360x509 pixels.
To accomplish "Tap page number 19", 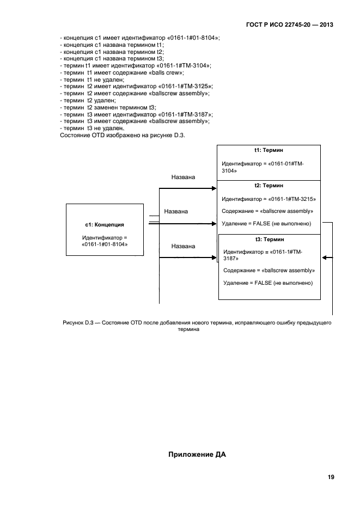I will (331, 477).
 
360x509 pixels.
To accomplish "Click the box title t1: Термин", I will (269, 150).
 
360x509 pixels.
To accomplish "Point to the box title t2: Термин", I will (269, 186).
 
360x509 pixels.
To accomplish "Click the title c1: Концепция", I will (105, 224).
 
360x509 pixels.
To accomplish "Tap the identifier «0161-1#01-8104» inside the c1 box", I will (105, 245).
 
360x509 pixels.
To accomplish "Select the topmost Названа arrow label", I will (183, 177).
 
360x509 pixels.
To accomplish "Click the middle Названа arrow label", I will (176, 211).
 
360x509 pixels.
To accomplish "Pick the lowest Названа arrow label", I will (183, 246).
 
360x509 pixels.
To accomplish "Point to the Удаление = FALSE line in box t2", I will (266, 223).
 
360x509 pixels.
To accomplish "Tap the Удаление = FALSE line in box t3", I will (268, 283).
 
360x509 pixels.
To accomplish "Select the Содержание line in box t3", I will (269, 270).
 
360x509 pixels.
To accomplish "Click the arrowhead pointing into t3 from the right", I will (324, 257).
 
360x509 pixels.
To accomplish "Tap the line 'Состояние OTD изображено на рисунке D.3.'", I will (122, 136).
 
